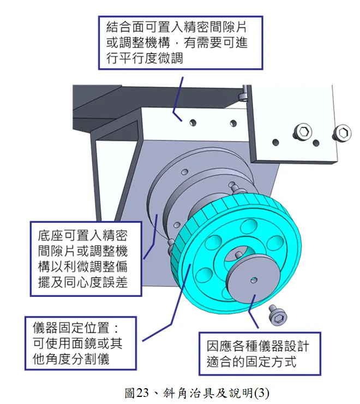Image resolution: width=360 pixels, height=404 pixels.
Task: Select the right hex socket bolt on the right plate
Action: tap(342, 132)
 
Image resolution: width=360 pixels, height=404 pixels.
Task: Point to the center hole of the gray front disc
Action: tap(252, 280)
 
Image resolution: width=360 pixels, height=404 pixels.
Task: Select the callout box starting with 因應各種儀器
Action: tap(259, 353)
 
